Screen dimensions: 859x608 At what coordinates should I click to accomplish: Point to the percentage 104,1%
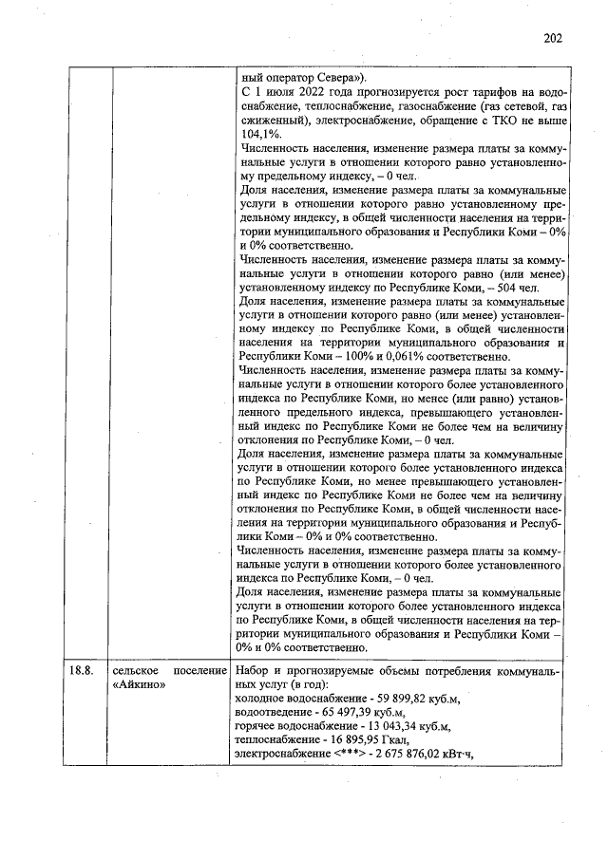point(260,136)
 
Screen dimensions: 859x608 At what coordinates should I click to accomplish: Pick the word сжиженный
point(275,121)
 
